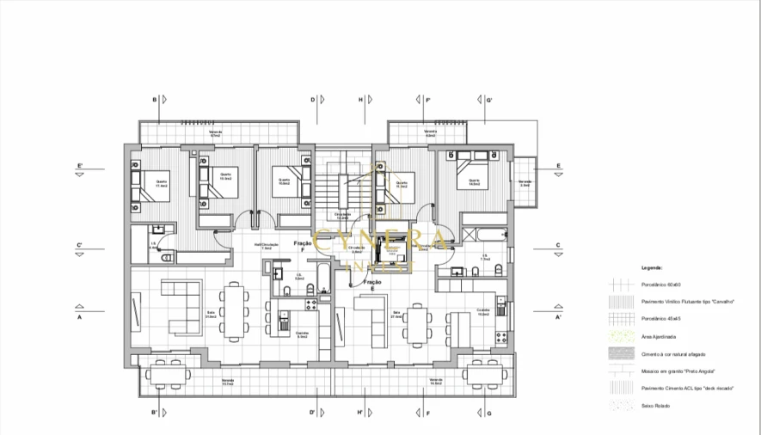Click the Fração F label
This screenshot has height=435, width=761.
click(302, 243)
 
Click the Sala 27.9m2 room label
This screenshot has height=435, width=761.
click(397, 314)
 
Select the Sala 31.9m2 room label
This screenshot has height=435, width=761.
click(210, 316)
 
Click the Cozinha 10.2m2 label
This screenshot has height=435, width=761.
click(483, 313)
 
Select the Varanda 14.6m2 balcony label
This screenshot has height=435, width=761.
click(436, 381)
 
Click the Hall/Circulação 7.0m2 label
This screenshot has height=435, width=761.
click(267, 246)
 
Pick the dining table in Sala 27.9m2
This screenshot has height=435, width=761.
click(419, 324)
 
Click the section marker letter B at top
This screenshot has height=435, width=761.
click(155, 100)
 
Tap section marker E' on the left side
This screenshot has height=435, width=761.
click(79, 165)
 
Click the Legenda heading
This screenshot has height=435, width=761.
click(651, 267)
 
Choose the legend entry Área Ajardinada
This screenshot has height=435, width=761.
click(658, 336)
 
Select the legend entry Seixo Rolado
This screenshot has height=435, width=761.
click(655, 406)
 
